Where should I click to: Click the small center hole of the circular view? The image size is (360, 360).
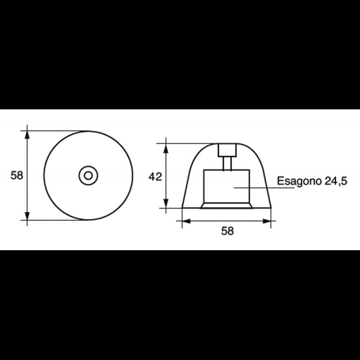click(x=88, y=175)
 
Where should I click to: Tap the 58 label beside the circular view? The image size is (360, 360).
click(x=17, y=175)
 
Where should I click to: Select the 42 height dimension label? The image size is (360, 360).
click(x=155, y=177)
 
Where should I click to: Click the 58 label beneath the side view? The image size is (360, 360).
click(x=228, y=231)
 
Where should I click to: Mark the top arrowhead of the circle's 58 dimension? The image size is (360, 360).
click(x=27, y=134)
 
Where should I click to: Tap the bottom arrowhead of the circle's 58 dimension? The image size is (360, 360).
click(x=27, y=217)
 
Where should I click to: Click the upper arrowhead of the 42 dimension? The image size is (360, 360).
click(x=166, y=147)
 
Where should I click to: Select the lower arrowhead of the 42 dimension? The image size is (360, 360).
click(x=166, y=205)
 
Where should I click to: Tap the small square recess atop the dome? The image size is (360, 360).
click(x=227, y=150)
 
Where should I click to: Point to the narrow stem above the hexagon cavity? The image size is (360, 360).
click(x=227, y=163)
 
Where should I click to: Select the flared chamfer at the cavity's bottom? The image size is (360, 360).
click(x=226, y=206)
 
